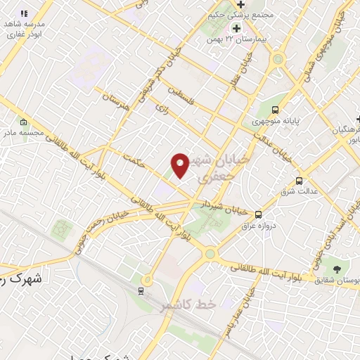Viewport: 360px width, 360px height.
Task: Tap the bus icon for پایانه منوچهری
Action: click(275, 110)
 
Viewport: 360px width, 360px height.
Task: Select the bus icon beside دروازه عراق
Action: click(258, 214)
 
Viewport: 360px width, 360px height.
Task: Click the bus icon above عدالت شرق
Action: click(300, 181)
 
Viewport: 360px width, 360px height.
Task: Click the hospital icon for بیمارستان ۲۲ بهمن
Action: click(237, 28)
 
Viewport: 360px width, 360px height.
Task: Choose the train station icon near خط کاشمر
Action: click(141, 290)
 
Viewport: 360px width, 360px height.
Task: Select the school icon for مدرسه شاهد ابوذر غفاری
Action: click(23, 13)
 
